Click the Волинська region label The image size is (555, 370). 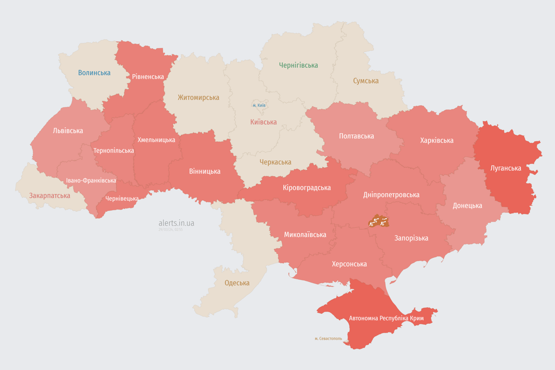94,73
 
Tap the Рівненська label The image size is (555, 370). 148,77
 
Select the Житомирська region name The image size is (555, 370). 198,97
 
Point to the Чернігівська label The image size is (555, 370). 298,65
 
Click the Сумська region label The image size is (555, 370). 366,81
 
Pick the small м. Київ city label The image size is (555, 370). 259,105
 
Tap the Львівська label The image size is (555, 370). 68,131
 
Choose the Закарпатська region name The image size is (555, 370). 50,196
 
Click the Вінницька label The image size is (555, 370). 205,171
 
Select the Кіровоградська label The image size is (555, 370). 307,188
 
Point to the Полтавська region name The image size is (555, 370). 357,136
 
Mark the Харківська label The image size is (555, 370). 436,140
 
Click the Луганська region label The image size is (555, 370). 506,168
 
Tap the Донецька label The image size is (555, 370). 467,206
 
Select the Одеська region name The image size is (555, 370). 237,283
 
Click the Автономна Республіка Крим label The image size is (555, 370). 386,318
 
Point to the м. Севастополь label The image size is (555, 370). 328,339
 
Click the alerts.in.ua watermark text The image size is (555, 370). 176,223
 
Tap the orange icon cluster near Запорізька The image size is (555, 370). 379,222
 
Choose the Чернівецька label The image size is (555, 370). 122,198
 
